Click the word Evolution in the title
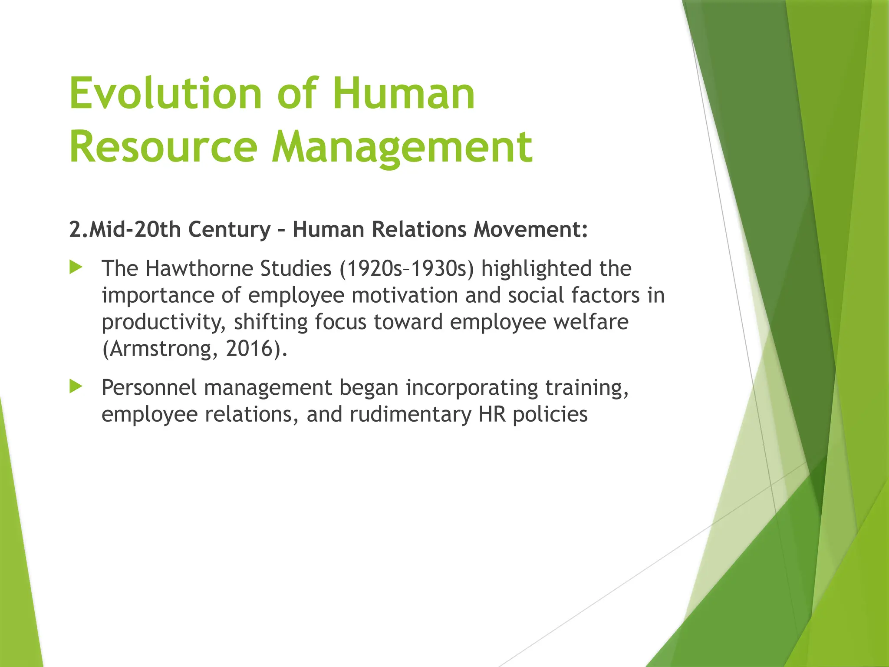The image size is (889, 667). (165, 93)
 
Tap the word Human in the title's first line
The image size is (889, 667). (404, 93)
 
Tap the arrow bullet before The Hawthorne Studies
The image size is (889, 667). (76, 267)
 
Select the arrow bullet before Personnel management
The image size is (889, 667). (76, 386)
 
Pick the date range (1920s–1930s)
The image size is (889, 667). (407, 268)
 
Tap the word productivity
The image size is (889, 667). (163, 322)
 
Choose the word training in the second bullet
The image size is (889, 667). (586, 387)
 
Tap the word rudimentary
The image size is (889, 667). (410, 414)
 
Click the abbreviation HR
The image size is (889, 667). (492, 414)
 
